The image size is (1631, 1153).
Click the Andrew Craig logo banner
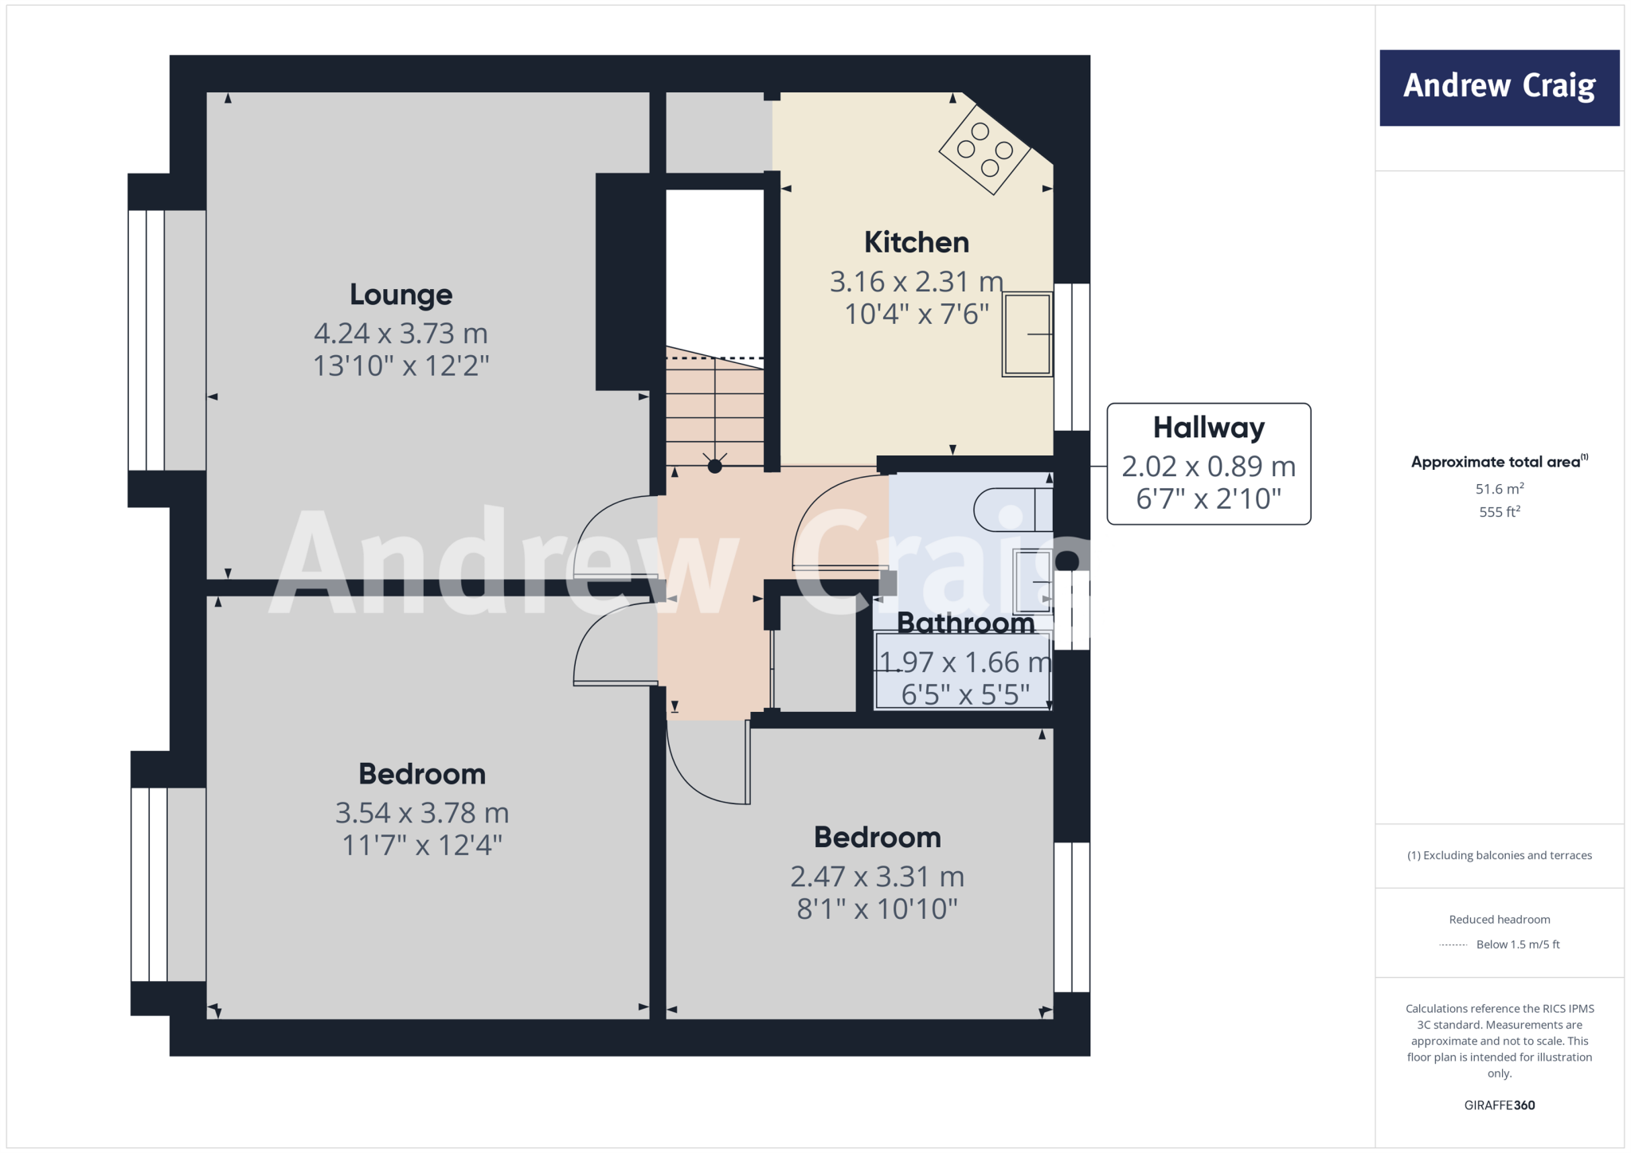[x=1499, y=88]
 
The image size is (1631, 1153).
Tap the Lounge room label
[x=401, y=295]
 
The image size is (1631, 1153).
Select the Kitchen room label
[x=916, y=242]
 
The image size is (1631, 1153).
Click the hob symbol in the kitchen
[x=985, y=150]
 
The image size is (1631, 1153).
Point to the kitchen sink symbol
[x=1027, y=334]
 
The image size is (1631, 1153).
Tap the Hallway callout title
[x=1208, y=428]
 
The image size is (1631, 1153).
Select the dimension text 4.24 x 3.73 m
[x=401, y=333]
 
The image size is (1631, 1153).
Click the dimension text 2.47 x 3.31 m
[x=877, y=877]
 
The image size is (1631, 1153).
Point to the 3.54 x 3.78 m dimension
[x=421, y=813]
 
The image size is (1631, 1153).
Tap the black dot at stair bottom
[x=714, y=467]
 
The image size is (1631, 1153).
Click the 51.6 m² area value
[x=1499, y=489]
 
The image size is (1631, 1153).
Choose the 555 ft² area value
[x=1499, y=512]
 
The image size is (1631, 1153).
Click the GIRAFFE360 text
[x=1499, y=1105]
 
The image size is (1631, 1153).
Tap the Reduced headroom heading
[x=1499, y=920]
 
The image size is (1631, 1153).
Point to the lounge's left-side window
[x=147, y=340]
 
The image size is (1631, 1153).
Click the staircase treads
[x=714, y=406]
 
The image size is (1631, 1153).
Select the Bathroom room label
[x=965, y=623]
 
